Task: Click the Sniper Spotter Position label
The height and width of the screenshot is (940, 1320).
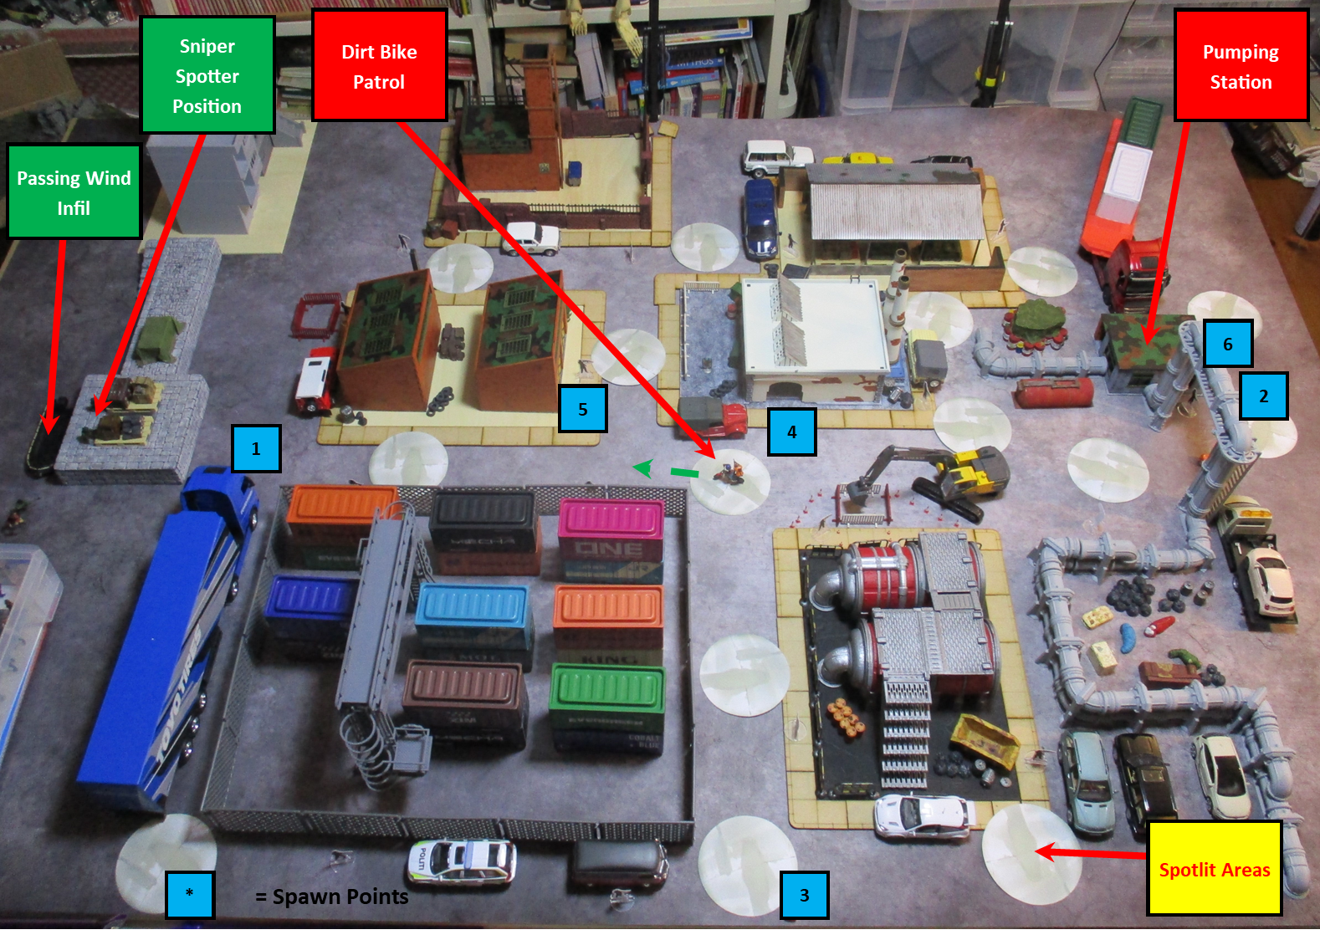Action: point(207,75)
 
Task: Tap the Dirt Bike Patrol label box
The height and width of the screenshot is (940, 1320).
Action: point(379,66)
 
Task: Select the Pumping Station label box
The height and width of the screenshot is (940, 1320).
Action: point(1241,66)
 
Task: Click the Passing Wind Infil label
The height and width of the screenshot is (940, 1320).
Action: point(74,192)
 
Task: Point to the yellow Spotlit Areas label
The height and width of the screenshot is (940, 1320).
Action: point(1214,869)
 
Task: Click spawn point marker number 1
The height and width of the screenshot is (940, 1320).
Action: point(256,448)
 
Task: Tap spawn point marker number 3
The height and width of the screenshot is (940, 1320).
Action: point(804,895)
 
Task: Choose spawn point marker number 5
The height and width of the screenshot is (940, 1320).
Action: point(582,409)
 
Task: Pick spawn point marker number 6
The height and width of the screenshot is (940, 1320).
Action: point(1227,344)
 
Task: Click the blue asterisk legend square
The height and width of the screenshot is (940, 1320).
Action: point(189,894)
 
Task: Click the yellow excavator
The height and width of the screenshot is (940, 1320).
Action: point(945,477)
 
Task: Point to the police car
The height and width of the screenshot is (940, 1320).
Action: point(462,861)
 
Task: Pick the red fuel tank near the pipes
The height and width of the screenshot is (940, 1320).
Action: point(1053,391)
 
